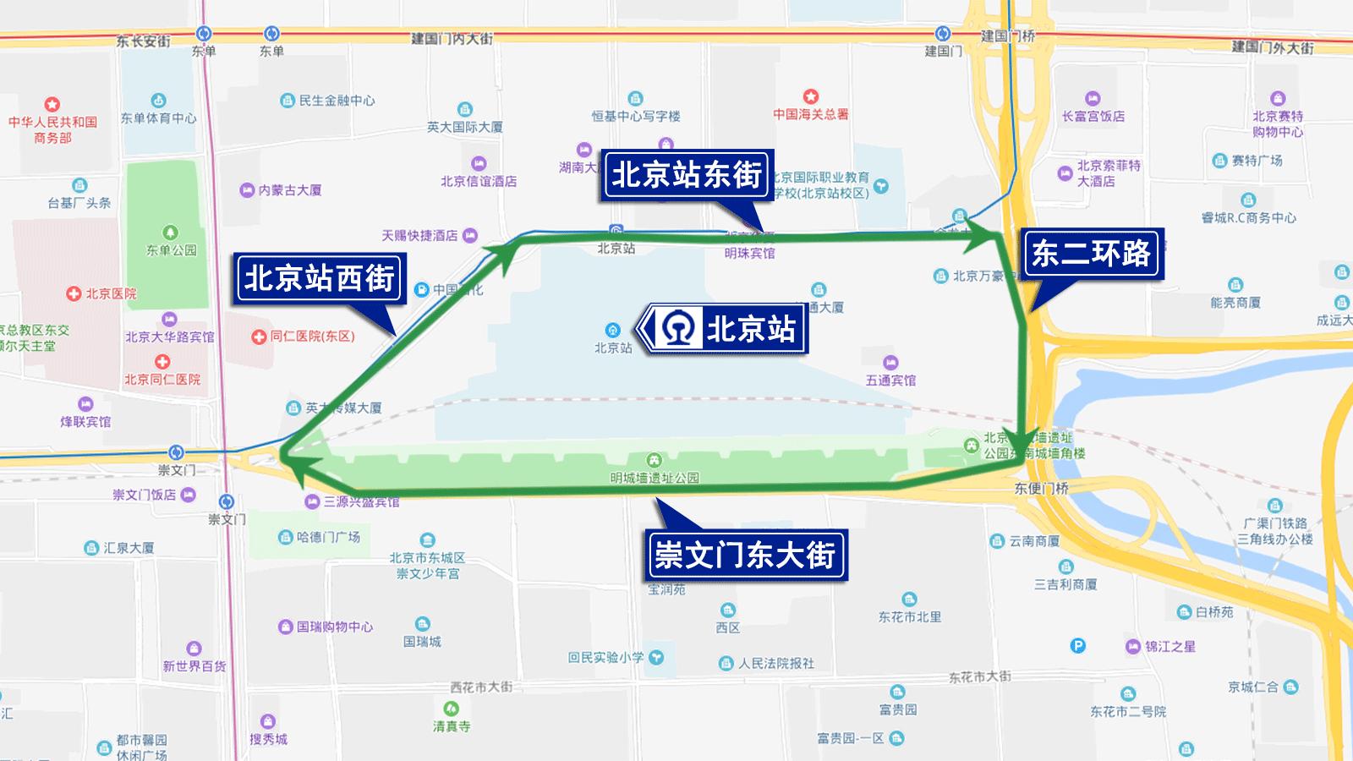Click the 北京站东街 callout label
pos(686,175)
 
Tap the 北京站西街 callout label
pos(320,279)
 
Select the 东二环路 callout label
pos(1091,253)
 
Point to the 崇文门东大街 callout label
pos(745,556)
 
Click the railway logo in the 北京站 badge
pos(678,328)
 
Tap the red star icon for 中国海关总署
pos(810,96)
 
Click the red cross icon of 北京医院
pos(74,293)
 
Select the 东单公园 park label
pos(171,250)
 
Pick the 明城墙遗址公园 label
pos(655,478)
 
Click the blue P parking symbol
pos(1077,646)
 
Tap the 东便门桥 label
pos(1041,488)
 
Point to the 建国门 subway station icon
pos(943,34)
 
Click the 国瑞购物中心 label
pos(334,627)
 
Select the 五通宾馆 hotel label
pos(890,380)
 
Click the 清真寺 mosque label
pos(452,726)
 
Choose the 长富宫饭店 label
pos(1093,116)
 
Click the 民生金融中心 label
pos(336,101)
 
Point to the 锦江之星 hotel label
pos(1170,647)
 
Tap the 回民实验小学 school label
pos(605,657)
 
